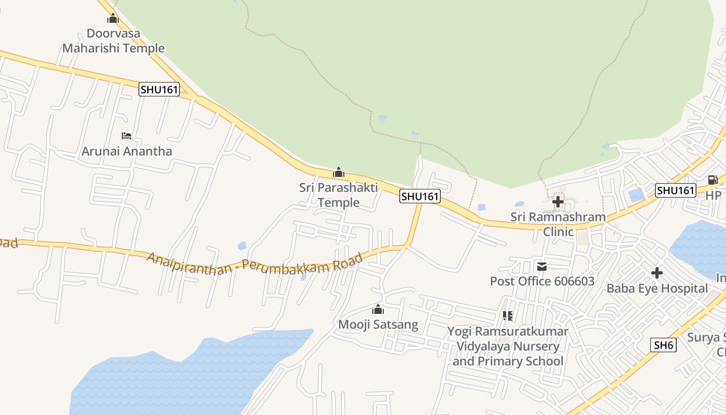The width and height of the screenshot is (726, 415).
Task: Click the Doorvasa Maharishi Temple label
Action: coord(113,41)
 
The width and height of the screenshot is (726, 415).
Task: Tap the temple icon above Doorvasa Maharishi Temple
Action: coord(113,19)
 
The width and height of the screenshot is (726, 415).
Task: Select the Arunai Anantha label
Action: coord(127,151)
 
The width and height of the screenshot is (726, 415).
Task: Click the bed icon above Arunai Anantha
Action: coord(127,136)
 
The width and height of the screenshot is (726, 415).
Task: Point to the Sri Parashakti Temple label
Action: coord(339,195)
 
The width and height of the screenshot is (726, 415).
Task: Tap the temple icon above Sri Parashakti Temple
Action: coord(339,172)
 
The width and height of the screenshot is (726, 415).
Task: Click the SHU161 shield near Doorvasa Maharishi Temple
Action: coord(159,89)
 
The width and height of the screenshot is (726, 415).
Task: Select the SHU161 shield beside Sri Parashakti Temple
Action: coord(420,196)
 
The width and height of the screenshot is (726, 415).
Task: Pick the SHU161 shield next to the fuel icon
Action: coord(675,190)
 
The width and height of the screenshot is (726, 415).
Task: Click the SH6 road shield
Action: coord(663,344)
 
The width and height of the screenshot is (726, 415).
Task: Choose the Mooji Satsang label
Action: coord(378,325)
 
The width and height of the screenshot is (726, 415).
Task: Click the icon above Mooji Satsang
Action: coord(378,310)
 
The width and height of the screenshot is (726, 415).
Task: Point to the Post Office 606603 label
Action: coord(542,281)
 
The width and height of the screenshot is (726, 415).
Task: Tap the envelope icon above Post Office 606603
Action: coord(542,267)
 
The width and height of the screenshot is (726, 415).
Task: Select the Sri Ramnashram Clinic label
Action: coord(558,224)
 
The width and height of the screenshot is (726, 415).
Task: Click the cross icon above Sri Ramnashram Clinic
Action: coord(558,201)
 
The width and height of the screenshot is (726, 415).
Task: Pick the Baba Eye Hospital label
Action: coord(657,288)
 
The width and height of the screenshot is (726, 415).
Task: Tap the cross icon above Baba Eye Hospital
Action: coord(657,273)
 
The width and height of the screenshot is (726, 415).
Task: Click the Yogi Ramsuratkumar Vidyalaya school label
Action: coord(508,346)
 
